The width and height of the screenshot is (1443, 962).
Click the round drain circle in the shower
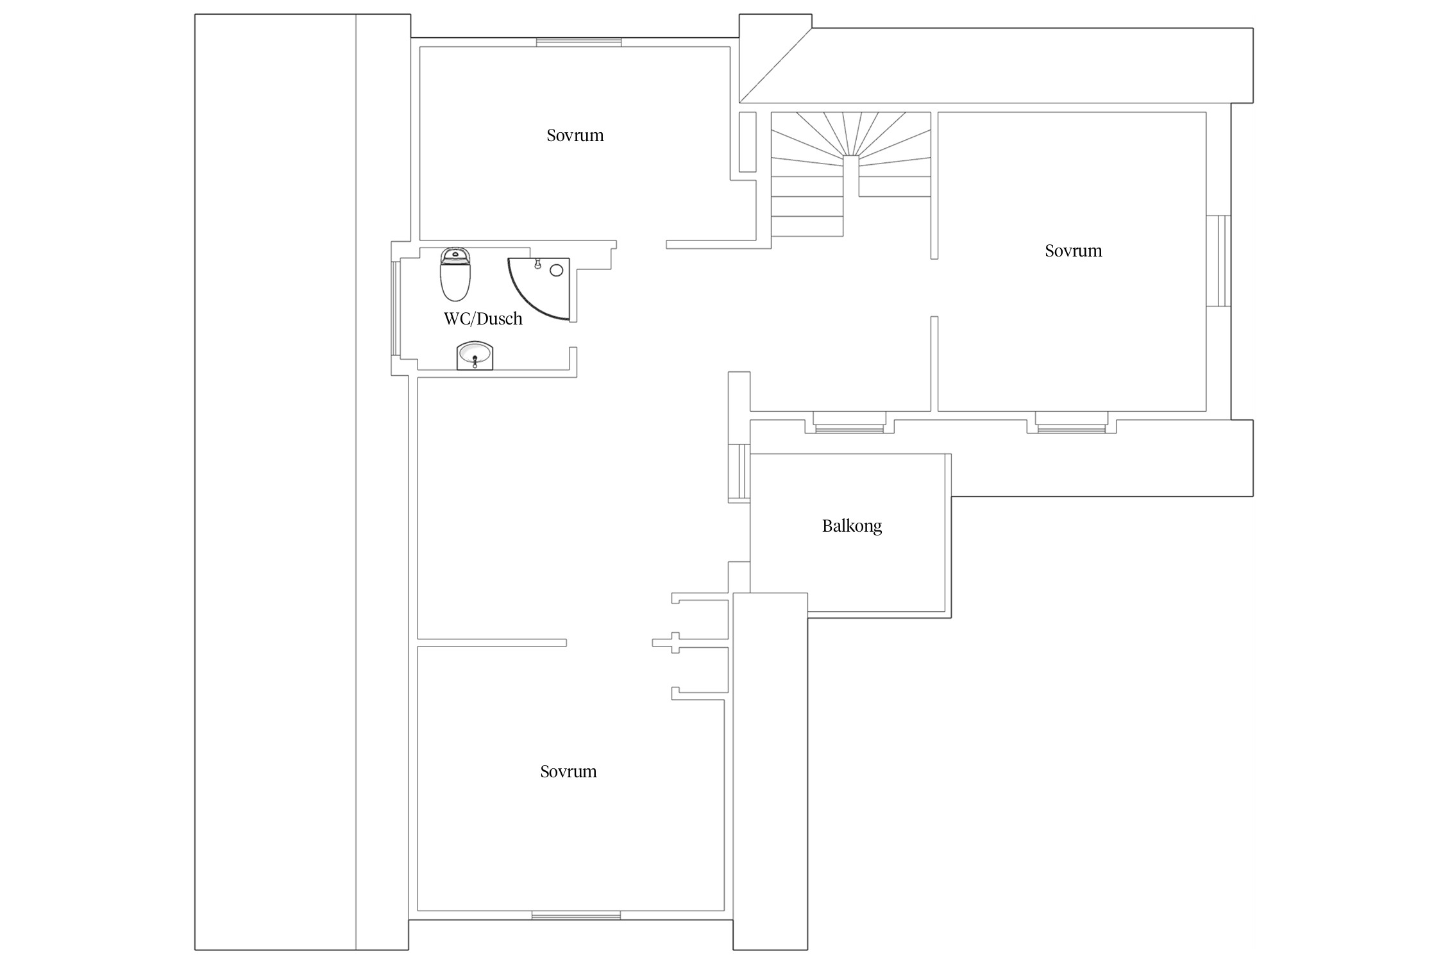(556, 271)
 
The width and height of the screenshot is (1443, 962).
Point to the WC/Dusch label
(483, 319)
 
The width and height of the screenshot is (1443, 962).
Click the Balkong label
(852, 527)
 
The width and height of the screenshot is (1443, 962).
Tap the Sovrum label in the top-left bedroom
(575, 135)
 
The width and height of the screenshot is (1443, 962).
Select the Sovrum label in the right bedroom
(1074, 251)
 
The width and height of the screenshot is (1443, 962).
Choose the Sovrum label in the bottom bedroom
(568, 772)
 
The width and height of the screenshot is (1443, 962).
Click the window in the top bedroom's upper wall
(578, 42)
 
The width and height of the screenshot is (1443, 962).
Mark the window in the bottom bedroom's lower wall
(576, 915)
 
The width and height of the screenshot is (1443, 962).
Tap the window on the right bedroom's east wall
(1219, 261)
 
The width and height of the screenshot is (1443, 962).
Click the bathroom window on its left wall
(396, 308)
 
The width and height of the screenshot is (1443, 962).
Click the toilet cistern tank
(455, 255)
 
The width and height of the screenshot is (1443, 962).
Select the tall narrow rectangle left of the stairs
(747, 142)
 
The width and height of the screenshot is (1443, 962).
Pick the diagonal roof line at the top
(775, 65)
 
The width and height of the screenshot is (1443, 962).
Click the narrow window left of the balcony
(739, 471)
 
